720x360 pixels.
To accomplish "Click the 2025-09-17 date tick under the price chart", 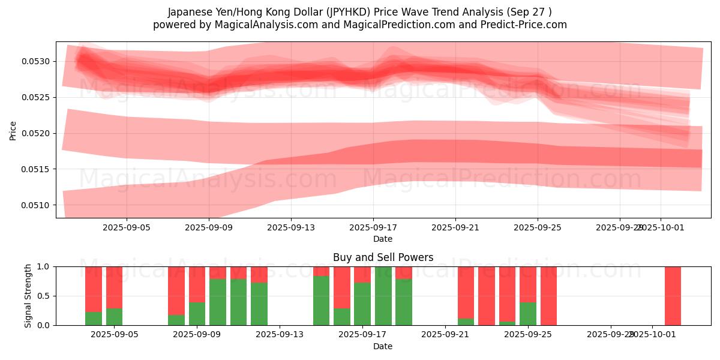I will click(373, 228).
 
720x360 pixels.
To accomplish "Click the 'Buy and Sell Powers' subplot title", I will click(383, 257).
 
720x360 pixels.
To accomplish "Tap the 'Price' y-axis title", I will click(13, 130).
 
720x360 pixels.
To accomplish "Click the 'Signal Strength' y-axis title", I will click(28, 296).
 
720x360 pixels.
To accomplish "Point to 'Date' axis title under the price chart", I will click(383, 239).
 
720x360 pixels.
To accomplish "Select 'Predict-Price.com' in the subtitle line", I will click(529, 25).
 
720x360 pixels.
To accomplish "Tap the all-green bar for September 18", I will click(383, 296).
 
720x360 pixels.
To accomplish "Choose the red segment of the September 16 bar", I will click(342, 287).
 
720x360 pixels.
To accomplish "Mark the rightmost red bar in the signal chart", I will click(673, 296).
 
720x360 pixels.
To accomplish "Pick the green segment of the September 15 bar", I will click(321, 301).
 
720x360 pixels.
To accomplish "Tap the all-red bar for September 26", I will click(548, 296).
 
